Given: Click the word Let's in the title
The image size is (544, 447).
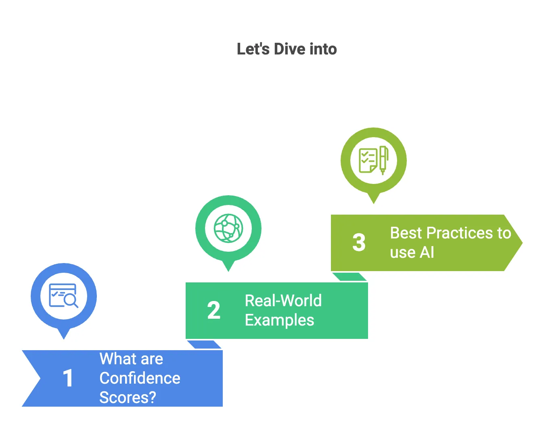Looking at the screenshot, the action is (x=253, y=49).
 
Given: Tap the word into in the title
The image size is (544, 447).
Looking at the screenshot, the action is (x=323, y=49).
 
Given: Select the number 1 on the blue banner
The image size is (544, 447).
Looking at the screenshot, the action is (x=68, y=378).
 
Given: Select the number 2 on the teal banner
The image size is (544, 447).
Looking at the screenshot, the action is (x=214, y=310).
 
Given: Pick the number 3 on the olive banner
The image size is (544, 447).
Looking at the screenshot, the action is (x=359, y=242).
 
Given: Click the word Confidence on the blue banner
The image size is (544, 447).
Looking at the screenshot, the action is (x=140, y=378).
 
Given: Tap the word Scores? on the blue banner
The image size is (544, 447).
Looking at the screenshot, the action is (x=128, y=398).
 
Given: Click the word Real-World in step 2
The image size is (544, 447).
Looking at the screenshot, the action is (x=283, y=301).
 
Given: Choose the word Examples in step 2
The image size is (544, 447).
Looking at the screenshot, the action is (x=279, y=320).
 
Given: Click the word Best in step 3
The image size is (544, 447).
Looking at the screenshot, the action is (x=406, y=233).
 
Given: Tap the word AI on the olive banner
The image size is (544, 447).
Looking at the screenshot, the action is (x=427, y=253).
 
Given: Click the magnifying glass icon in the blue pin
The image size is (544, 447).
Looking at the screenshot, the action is (x=71, y=301).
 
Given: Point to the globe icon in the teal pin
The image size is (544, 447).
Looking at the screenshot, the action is (x=228, y=228).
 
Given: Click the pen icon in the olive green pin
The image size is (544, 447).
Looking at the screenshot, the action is (x=383, y=160).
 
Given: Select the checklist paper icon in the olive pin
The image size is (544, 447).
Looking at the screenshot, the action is (x=368, y=161).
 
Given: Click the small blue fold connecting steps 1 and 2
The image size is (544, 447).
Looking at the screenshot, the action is (x=204, y=345).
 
